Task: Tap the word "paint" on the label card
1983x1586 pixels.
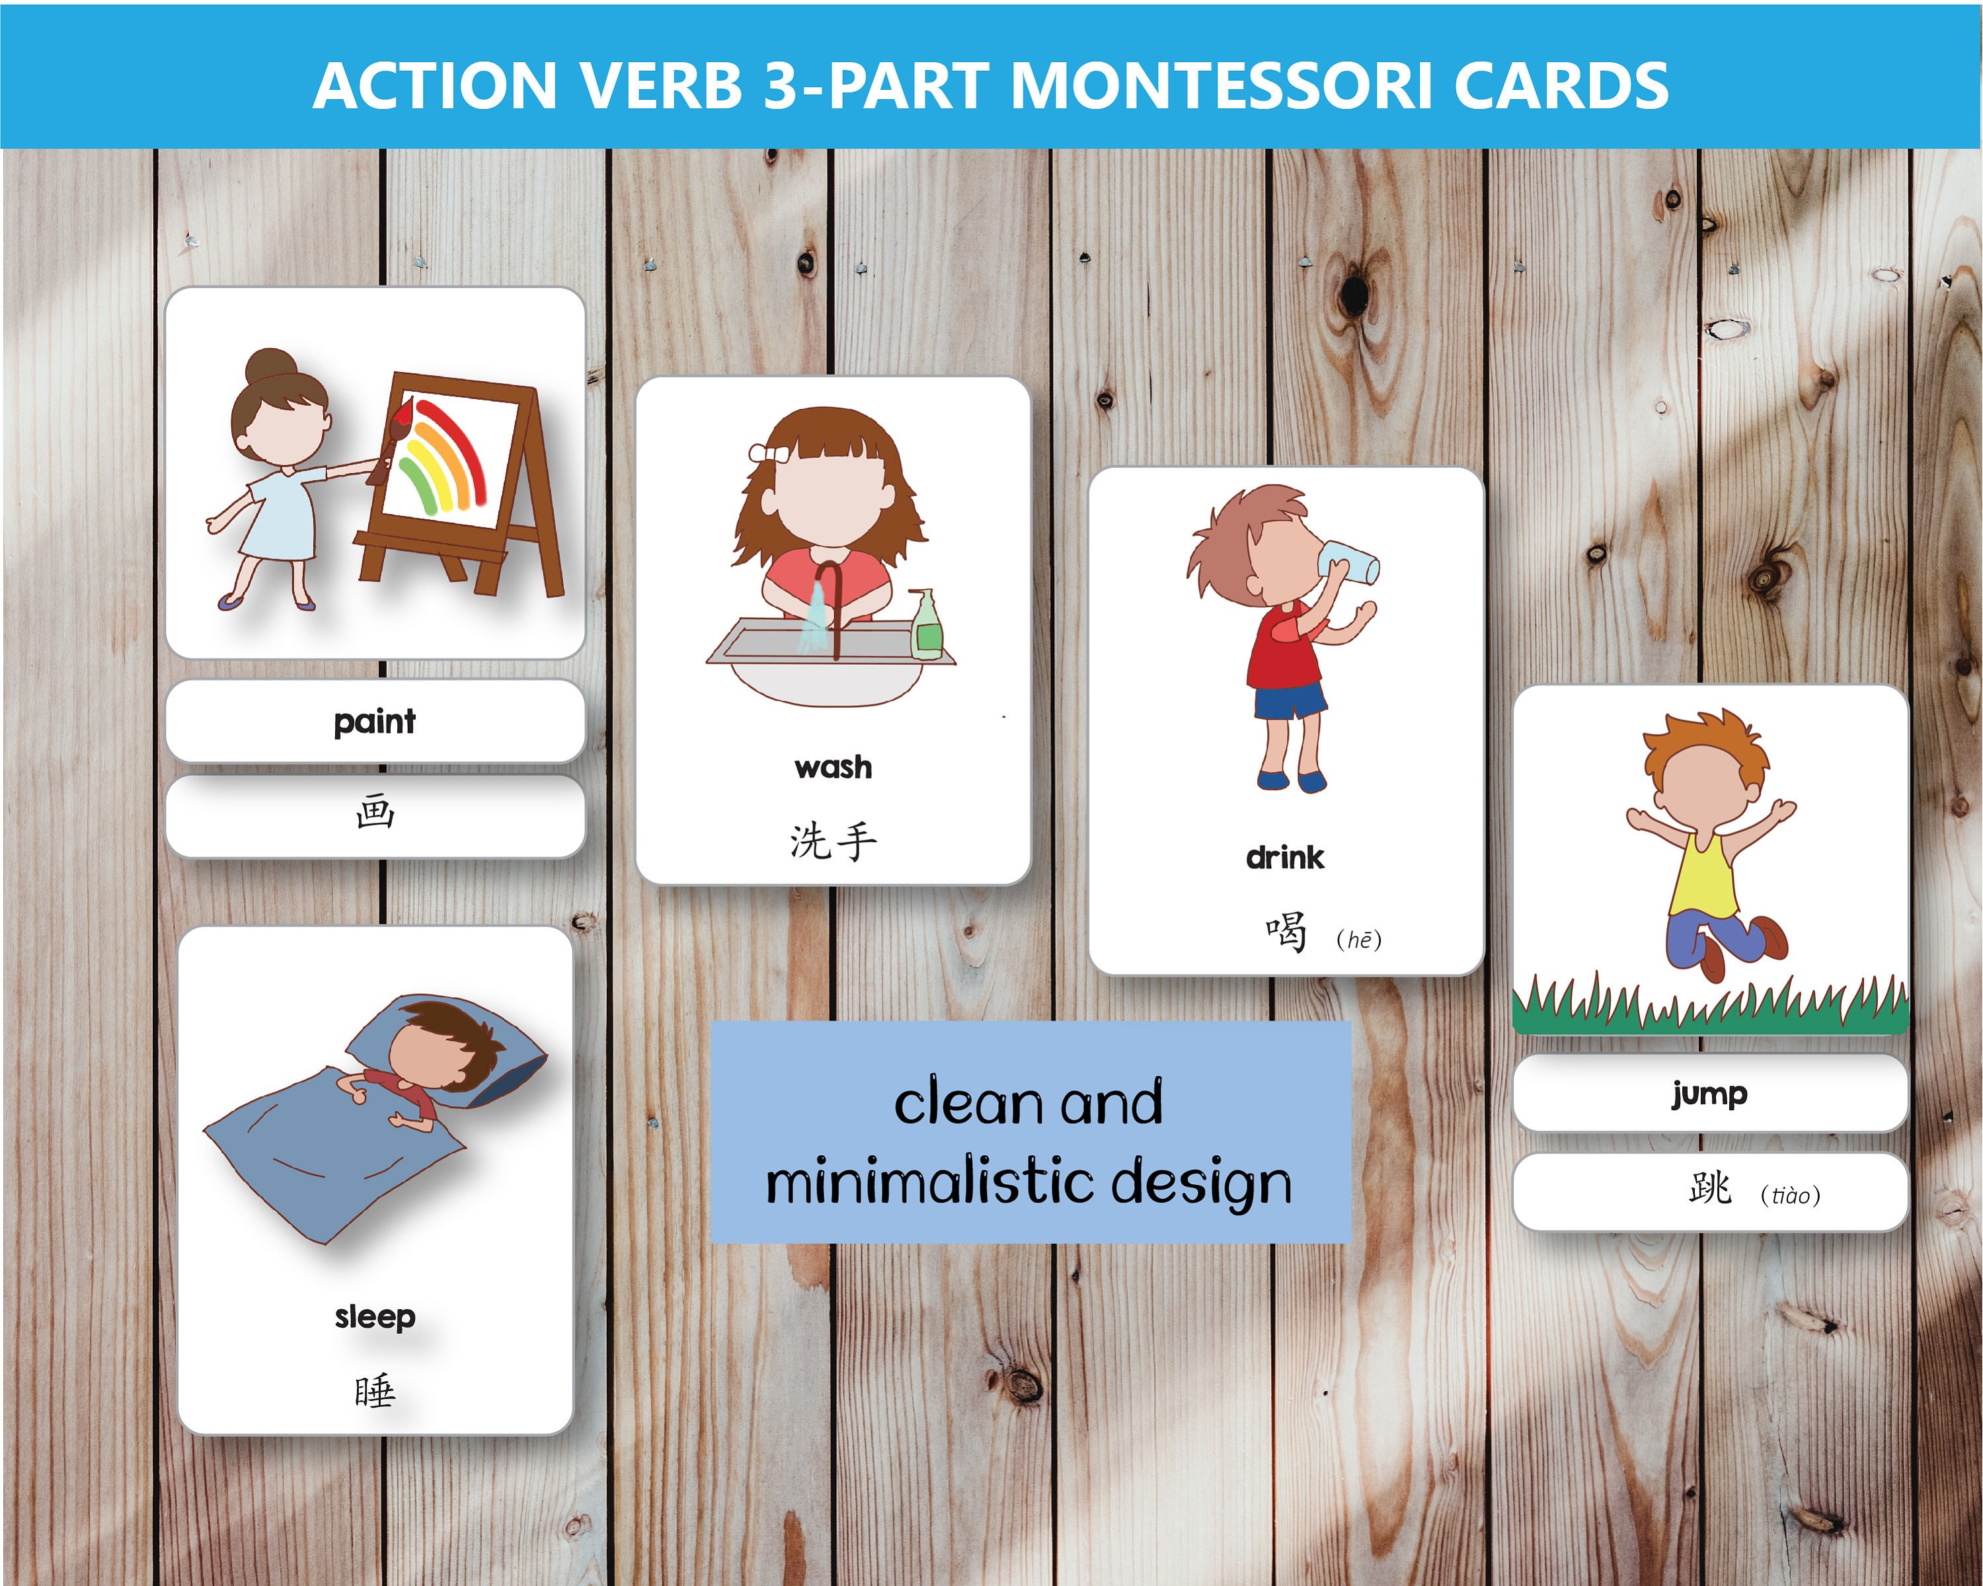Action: [374, 721]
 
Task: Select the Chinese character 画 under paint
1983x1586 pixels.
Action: [374, 813]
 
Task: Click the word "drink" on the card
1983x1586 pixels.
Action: [1285, 858]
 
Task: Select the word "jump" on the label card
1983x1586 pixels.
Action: [1709, 1093]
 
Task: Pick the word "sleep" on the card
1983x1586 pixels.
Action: [374, 1316]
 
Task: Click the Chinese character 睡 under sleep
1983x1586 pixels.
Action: [374, 1391]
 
